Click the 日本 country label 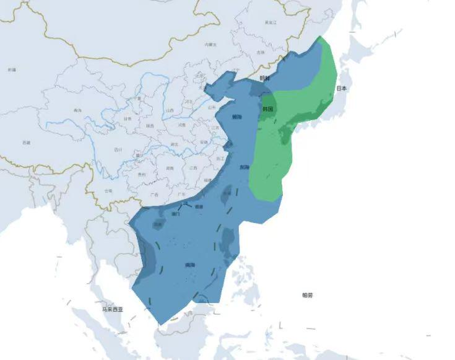pyautogui.click(x=342, y=89)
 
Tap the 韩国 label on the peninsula pyautogui.click(x=267, y=108)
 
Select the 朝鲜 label pyautogui.click(x=265, y=79)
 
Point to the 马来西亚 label pyautogui.click(x=113, y=309)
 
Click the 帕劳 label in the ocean pyautogui.click(x=307, y=295)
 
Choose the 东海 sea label pyautogui.click(x=245, y=167)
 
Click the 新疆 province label pyautogui.click(x=12, y=70)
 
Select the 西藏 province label pyautogui.click(x=26, y=143)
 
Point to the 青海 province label pyautogui.click(x=77, y=110)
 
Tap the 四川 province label pyautogui.click(x=118, y=149)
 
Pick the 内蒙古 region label pyautogui.click(x=210, y=45)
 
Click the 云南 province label pyautogui.click(x=109, y=191)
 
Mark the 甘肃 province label pyautogui.click(x=128, y=118)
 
